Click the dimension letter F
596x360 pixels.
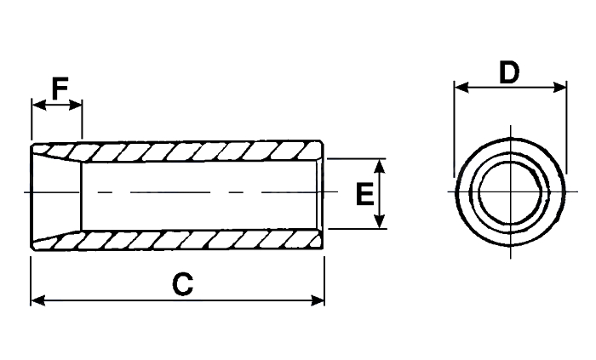(60, 89)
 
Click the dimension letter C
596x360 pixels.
(183, 284)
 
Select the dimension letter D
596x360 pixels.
(509, 72)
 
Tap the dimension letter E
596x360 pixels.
(365, 193)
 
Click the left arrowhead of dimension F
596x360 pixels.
(39, 105)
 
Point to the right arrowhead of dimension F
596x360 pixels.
(75, 105)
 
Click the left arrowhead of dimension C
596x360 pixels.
(38, 300)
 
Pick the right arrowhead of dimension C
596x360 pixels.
(318, 300)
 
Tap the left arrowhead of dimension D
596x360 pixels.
(461, 88)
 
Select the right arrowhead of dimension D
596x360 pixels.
(559, 88)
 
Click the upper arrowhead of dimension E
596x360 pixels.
(380, 167)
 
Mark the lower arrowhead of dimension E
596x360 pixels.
(380, 221)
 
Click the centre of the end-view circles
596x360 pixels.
(511, 191)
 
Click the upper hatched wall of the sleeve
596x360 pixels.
(198, 151)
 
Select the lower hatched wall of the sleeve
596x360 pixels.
(198, 240)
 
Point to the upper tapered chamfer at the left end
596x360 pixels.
(57, 153)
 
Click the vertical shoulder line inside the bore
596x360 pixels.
(82, 197)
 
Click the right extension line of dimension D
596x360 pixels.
(566, 127)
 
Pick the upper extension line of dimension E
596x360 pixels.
(357, 159)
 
